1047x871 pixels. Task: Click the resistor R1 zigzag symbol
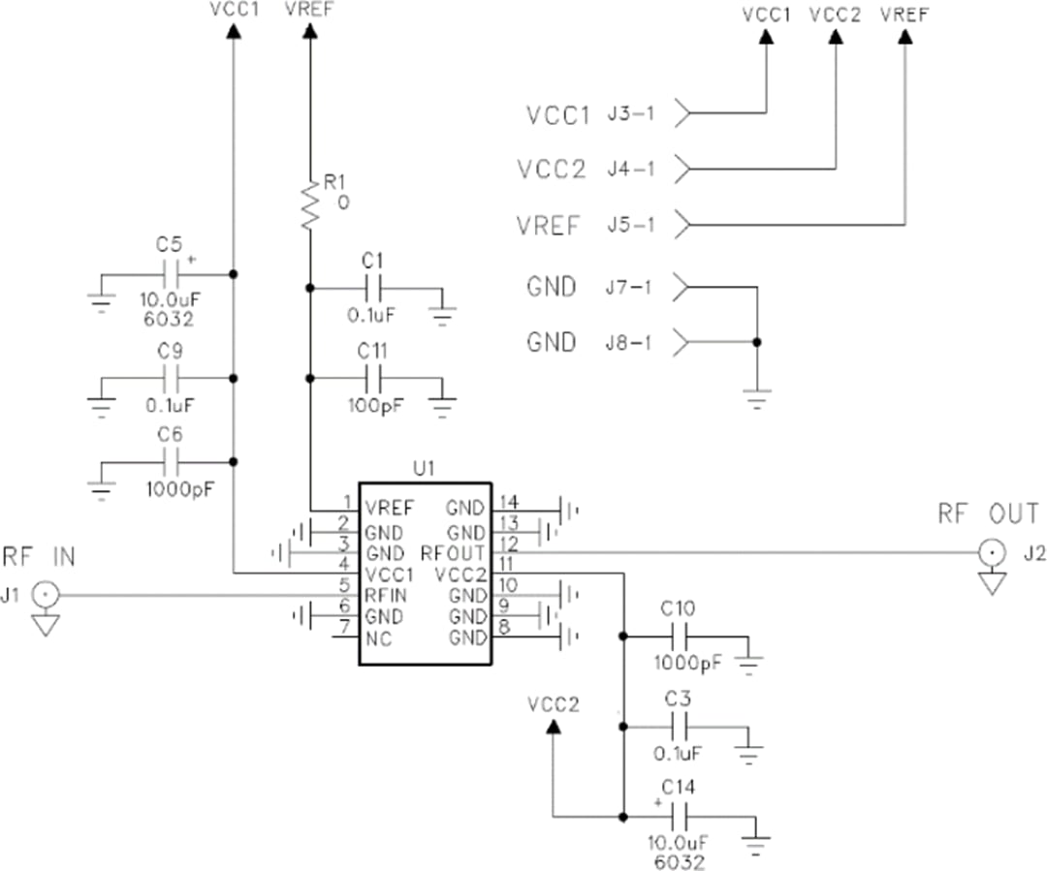pos(309,203)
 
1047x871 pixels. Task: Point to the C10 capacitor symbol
pos(684,637)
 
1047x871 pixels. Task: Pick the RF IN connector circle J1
pos(45,595)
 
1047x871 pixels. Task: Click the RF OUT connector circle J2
pos(991,553)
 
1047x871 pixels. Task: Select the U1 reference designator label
pos(424,469)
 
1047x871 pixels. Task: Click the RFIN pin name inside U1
pos(387,595)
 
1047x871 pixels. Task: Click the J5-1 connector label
pos(631,226)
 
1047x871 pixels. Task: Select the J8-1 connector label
pos(631,343)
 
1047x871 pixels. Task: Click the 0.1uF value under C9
pos(171,404)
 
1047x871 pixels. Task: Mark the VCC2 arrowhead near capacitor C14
pos(554,726)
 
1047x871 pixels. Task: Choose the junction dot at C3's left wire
pos(622,726)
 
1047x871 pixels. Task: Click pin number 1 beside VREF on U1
pos(346,502)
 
